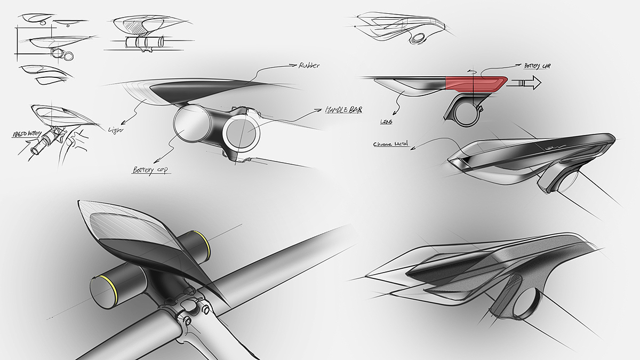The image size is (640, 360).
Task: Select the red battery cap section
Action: [475, 83]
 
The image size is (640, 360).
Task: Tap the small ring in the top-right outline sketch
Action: [417, 38]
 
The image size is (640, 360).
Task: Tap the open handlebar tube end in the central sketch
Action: [242, 132]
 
